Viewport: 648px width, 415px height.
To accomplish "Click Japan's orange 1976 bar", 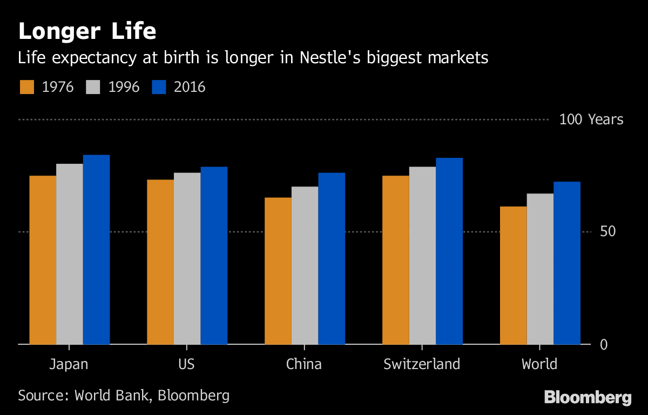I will [43, 259].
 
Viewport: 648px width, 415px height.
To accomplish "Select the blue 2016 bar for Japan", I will [96, 249].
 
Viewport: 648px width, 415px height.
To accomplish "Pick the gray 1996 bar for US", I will [187, 258].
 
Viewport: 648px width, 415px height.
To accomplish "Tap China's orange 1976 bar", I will [278, 270].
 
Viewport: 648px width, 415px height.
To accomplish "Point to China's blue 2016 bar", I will [332, 258].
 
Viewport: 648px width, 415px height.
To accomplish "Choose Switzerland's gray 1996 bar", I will [422, 255].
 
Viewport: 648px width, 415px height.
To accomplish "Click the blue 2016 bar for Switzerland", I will [449, 251].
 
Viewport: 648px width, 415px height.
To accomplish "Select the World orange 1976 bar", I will [514, 275].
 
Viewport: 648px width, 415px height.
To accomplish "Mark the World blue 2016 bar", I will [567, 263].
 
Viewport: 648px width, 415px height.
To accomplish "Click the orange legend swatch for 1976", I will [26, 87].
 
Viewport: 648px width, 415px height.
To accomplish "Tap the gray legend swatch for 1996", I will [93, 87].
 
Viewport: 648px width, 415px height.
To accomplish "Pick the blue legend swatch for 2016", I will [159, 87].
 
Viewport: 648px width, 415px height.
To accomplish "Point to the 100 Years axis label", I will [591, 119].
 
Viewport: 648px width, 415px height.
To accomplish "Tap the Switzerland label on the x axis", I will [422, 364].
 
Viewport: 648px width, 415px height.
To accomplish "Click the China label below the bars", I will [304, 364].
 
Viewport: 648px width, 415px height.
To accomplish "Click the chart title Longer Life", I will [87, 32].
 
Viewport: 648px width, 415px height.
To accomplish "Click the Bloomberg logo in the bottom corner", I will [588, 398].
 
